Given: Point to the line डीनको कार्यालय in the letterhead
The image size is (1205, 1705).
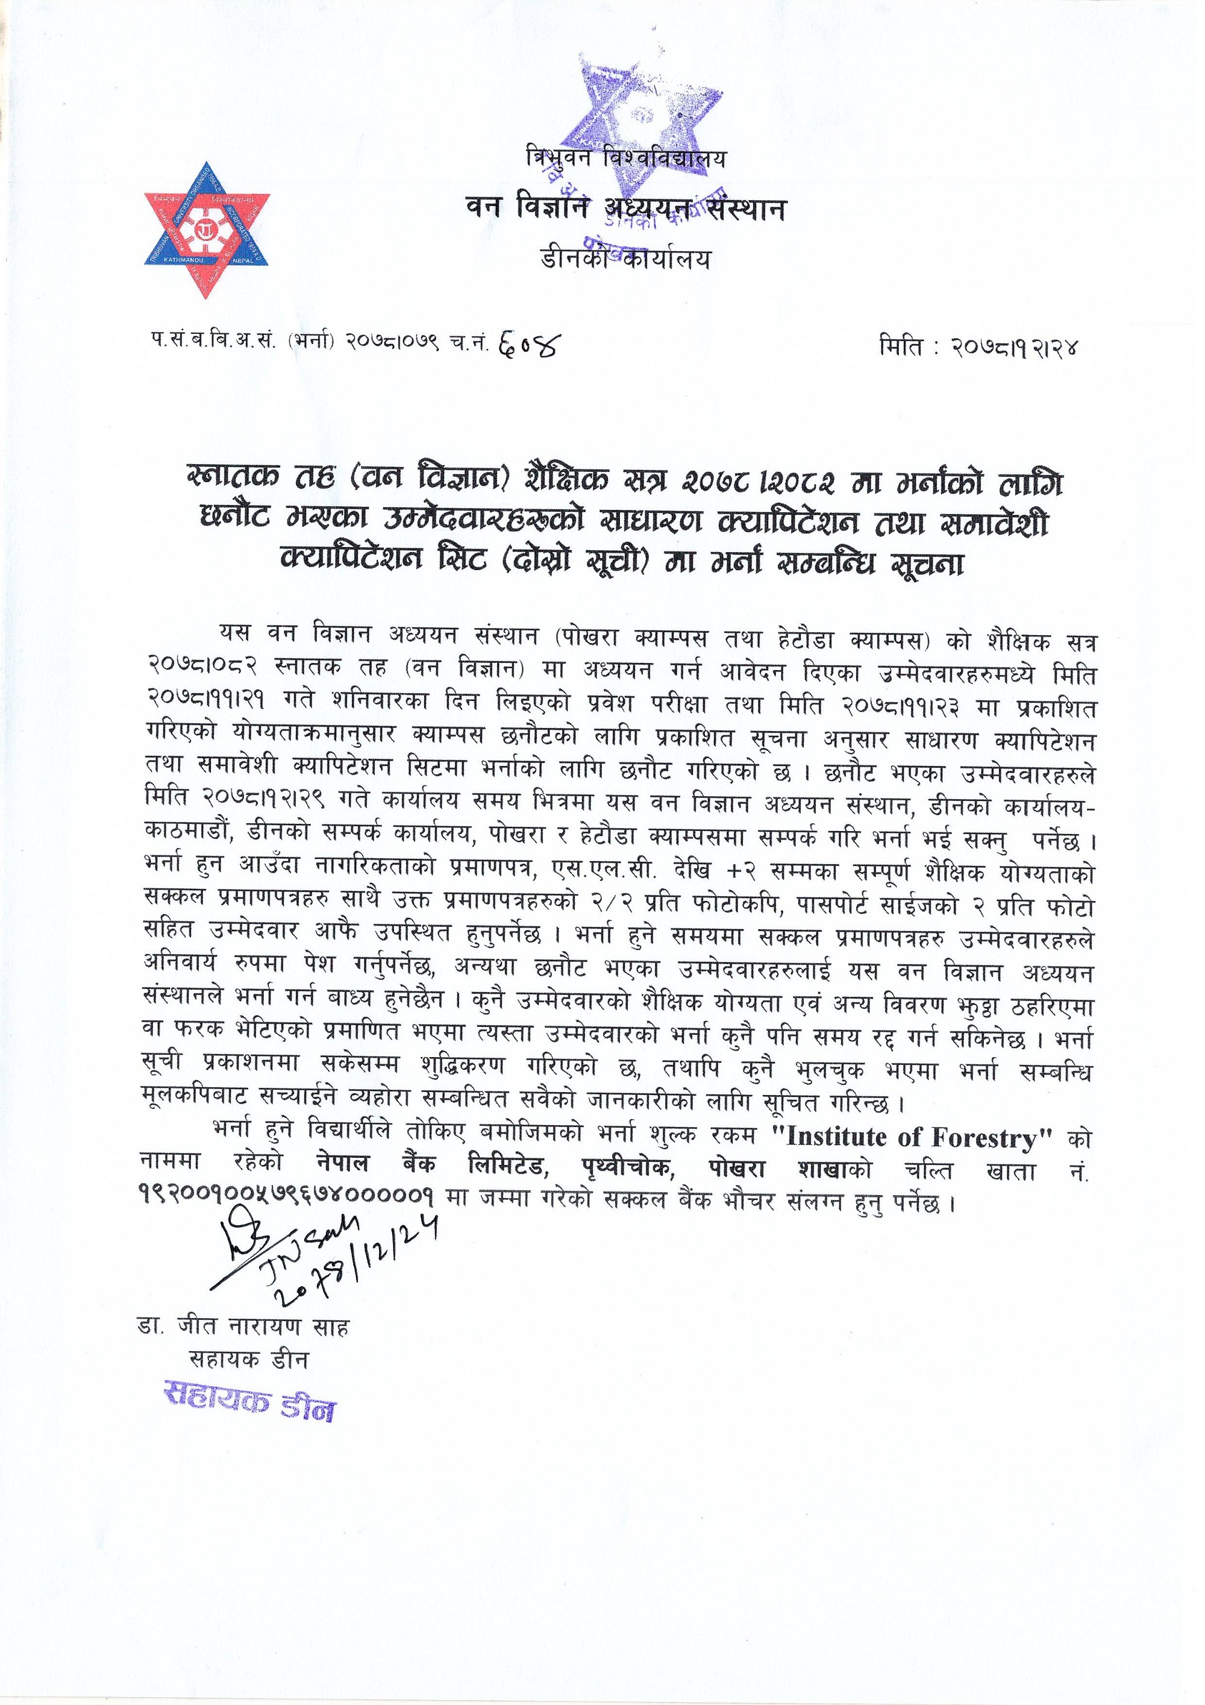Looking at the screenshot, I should pos(625,259).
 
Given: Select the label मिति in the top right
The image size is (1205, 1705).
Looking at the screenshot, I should pos(898,346).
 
